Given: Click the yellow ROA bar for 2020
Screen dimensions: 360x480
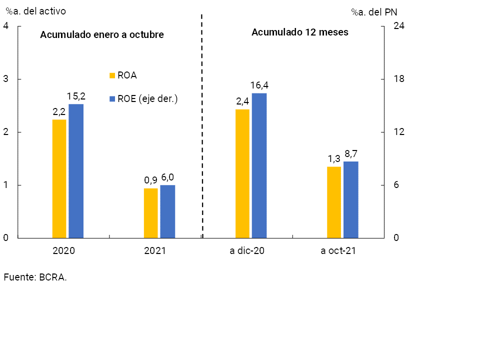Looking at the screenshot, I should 59,178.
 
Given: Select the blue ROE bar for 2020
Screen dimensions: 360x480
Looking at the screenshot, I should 76,171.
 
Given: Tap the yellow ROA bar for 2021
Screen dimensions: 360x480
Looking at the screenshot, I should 150,213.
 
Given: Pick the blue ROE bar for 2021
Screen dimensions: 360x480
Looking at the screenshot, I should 167,211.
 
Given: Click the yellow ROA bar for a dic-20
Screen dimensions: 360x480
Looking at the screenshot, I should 242,173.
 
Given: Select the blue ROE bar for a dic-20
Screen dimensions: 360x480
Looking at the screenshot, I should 259,165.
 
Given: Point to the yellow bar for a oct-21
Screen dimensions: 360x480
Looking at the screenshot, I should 334,202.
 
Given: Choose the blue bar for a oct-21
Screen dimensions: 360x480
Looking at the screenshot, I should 351,199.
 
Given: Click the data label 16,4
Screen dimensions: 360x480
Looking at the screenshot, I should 259,85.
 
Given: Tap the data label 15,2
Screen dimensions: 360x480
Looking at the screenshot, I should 76,96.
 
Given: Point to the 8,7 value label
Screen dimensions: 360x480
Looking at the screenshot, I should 351,154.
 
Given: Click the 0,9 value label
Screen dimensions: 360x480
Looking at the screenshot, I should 150,180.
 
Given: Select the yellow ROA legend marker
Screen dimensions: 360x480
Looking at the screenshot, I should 112,75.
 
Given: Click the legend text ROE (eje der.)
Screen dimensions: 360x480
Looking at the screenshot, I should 147,98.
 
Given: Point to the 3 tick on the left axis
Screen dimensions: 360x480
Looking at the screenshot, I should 5,79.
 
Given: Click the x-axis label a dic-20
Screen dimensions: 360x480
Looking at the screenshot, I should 247,251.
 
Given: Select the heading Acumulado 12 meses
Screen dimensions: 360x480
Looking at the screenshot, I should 299,32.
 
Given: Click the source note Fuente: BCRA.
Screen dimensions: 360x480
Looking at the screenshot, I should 35,277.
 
